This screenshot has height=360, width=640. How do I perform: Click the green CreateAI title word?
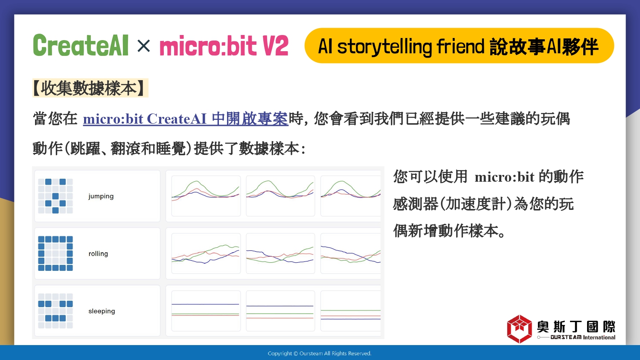[x=81, y=45]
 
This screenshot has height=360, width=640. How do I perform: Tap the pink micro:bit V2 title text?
[x=224, y=46]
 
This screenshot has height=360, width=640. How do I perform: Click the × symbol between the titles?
[x=143, y=46]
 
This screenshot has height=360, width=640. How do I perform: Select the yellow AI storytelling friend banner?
[x=459, y=46]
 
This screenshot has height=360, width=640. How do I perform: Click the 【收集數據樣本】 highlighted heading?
[x=90, y=88]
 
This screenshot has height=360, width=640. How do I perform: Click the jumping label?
[x=101, y=196]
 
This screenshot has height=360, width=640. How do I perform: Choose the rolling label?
[x=98, y=254]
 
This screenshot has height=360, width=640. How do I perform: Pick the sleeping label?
[x=102, y=311]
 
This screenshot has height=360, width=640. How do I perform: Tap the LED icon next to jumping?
[x=55, y=196]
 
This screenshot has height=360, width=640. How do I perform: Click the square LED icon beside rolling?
[x=55, y=253]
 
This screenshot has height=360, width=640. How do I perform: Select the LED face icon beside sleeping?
[x=55, y=311]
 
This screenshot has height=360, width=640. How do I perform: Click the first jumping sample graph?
[x=206, y=196]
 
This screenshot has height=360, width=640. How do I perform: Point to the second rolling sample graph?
[x=280, y=253]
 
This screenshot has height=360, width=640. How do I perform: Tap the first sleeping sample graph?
[x=206, y=311]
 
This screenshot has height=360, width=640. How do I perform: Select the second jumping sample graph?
[x=280, y=196]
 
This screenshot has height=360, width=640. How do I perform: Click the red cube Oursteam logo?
[x=519, y=329]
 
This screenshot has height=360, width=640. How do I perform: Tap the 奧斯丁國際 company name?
[x=576, y=327]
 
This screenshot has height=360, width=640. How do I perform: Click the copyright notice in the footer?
[x=320, y=354]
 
